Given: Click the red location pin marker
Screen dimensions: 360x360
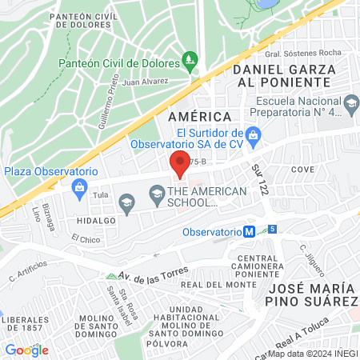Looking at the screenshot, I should click(x=180, y=163).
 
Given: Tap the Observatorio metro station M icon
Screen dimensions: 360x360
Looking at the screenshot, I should click(x=250, y=232).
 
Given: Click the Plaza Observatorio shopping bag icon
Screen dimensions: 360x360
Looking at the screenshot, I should click(x=78, y=188).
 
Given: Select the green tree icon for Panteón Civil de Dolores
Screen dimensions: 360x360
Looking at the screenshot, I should click(x=190, y=59).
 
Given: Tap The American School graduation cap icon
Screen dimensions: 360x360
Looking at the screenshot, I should click(x=157, y=192).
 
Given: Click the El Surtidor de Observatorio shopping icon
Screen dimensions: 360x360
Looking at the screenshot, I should click(x=254, y=135).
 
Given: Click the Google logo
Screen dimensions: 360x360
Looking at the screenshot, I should click(x=26, y=350).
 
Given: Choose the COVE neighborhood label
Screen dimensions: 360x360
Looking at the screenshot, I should click(x=302, y=170).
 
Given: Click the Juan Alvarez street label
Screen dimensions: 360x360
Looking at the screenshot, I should click(x=146, y=81).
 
